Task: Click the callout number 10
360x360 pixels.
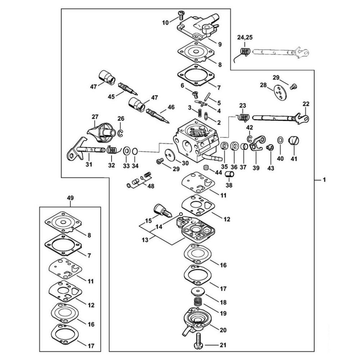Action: pyautogui.click(x=165, y=23)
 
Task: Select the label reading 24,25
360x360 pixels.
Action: pyautogui.click(x=245, y=37)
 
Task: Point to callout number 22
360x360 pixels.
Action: pyautogui.click(x=306, y=104)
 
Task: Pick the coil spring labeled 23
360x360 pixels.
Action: pyautogui.click(x=244, y=117)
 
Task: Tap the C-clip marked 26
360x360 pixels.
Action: pyautogui.click(x=120, y=133)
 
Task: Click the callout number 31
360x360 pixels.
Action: pyautogui.click(x=89, y=165)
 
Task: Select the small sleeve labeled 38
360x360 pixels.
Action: pyautogui.click(x=230, y=175)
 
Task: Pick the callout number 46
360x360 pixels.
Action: pyautogui.click(x=171, y=107)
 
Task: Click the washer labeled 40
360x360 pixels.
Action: pyautogui.click(x=280, y=140)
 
